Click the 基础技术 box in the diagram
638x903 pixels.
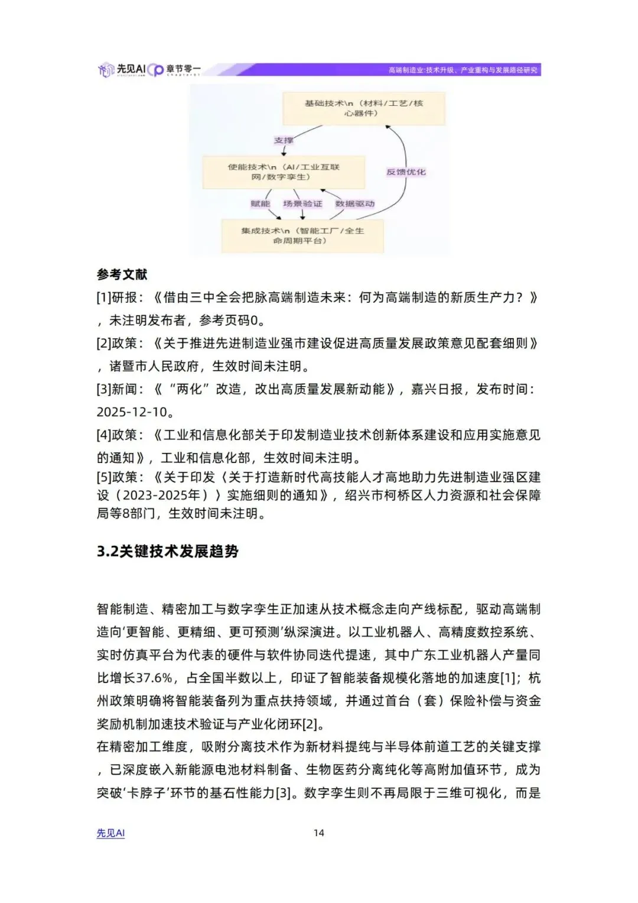[363, 108]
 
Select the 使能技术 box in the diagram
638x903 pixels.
[284, 172]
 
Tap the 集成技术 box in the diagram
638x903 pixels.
[302, 235]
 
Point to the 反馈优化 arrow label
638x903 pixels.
[406, 172]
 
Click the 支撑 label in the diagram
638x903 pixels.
[284, 140]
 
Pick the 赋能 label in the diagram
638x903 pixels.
[260, 204]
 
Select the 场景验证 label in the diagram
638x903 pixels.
[302, 204]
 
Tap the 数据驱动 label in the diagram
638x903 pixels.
[354, 204]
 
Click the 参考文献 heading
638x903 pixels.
[122, 274]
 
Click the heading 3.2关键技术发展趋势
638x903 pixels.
[168, 551]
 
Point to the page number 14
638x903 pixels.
[318, 833]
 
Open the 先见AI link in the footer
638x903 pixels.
[110, 833]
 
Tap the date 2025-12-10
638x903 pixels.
[132, 412]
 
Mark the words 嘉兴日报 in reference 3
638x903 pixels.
[437, 389]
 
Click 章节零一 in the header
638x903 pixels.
[183, 69]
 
